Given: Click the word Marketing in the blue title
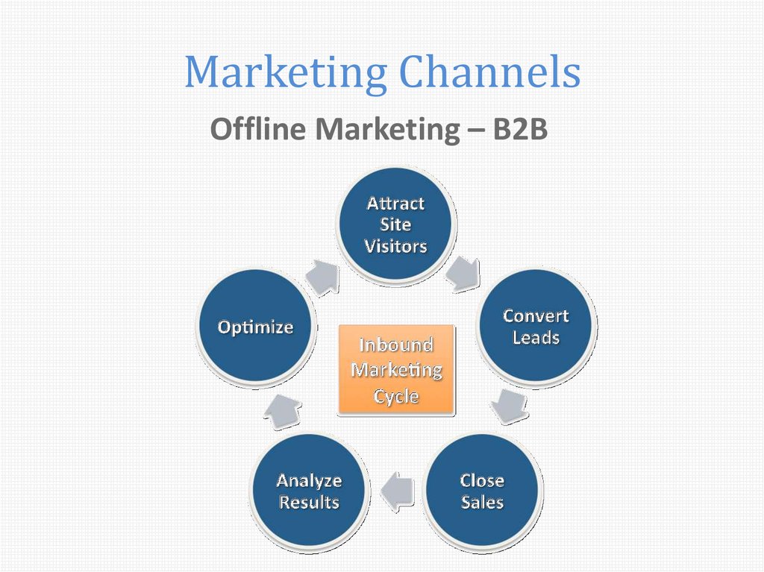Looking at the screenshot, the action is click(286, 73).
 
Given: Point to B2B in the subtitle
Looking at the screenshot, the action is click(520, 128).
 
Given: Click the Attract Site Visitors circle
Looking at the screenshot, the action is click(396, 224).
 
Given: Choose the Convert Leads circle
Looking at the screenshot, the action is click(536, 326).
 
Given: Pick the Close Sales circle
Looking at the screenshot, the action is click(482, 491).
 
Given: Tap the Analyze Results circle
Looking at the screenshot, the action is click(309, 491).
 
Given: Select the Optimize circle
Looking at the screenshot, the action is click(255, 326).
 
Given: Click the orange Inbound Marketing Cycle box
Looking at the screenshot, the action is click(396, 370).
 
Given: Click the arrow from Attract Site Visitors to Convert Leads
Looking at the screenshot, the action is click(463, 274).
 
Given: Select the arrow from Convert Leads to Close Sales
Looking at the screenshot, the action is click(510, 406).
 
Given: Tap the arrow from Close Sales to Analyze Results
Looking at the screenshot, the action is click(397, 491).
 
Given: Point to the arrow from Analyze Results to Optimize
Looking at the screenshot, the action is click(283, 411).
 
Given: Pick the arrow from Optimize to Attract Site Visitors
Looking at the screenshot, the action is click(322, 277).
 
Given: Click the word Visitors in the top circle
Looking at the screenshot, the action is click(395, 246).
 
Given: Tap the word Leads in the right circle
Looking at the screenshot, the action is click(536, 337).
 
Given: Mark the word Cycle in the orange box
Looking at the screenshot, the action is click(396, 397).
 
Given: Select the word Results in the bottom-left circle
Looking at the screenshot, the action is click(309, 502).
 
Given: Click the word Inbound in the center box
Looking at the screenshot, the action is click(396, 345).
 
